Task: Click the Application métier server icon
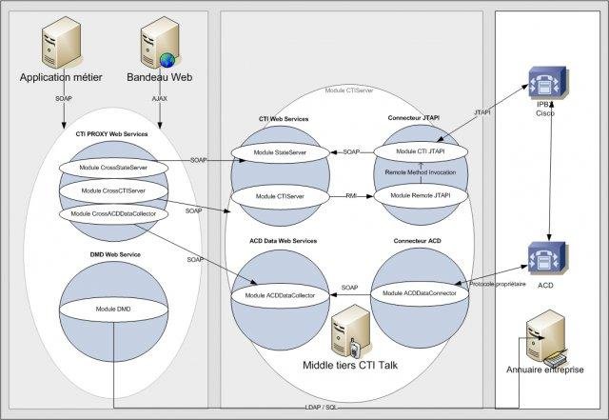(61, 42)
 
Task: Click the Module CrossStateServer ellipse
(110, 168)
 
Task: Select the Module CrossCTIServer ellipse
(110, 190)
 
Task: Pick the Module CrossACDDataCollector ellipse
(110, 212)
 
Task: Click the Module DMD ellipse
(111, 310)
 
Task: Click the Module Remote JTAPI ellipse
(420, 194)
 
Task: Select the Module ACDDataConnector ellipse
(420, 293)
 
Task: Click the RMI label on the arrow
(351, 194)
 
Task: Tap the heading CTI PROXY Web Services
(111, 134)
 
